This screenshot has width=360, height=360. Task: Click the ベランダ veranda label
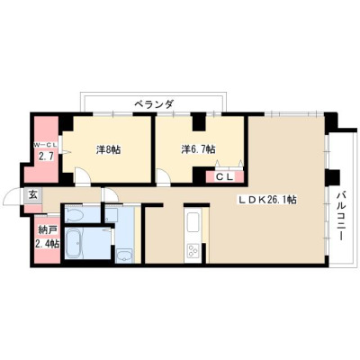pyautogui.click(x=153, y=104)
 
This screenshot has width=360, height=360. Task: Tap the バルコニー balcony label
pyautogui.click(x=340, y=216)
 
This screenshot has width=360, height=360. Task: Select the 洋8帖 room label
pyautogui.click(x=108, y=149)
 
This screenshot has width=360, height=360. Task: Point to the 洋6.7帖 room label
pyautogui.click(x=198, y=149)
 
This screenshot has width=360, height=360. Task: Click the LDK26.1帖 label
pyautogui.click(x=267, y=200)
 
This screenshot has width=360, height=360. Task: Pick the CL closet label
pyautogui.click(x=225, y=177)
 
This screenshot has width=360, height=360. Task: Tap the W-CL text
pyautogui.click(x=45, y=146)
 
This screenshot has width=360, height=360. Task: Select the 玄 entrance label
pyautogui.click(x=33, y=194)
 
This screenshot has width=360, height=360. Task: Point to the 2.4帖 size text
pyautogui.click(x=47, y=243)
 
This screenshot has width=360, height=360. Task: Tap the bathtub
pyautogui.click(x=73, y=244)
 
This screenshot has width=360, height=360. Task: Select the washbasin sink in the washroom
pyautogui.click(x=124, y=256)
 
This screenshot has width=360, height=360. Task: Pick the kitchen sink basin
pyautogui.click(x=193, y=222)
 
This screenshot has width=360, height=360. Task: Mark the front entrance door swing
pyautogui.click(x=13, y=197)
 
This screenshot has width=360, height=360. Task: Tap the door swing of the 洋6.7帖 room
pyautogui.click(x=164, y=176)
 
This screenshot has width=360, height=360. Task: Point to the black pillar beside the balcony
pyautogui.click(x=333, y=177)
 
